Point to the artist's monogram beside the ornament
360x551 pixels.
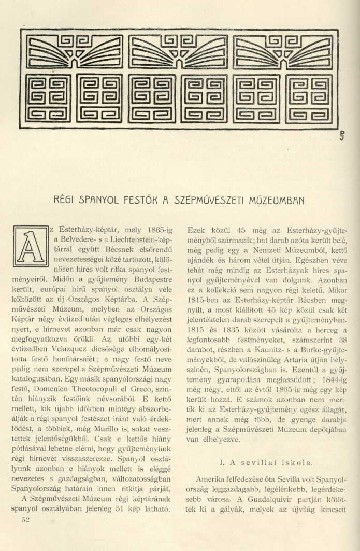342,136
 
